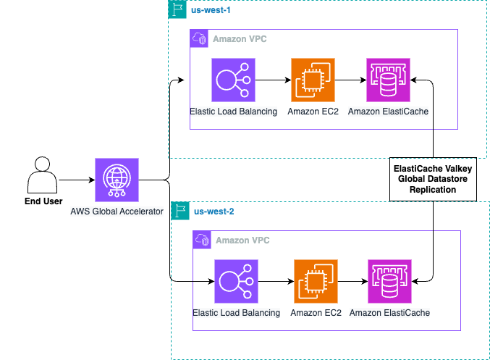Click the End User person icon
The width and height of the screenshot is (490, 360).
coord(41,175)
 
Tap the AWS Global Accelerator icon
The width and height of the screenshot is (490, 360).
coord(117,180)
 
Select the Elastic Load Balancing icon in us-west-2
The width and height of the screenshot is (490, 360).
coord(237,281)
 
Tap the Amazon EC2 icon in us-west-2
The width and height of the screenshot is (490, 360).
coord(316,281)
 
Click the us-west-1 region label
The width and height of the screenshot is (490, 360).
coord(211,11)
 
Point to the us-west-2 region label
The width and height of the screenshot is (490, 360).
coord(214,212)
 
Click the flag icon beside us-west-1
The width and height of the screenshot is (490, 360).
coord(177,10)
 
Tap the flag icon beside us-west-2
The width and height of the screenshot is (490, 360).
coord(180,212)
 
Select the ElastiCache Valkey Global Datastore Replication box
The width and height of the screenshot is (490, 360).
coord(433,177)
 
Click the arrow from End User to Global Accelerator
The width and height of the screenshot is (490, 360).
coord(77,180)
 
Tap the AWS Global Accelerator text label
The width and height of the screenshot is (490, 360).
coord(117,211)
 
